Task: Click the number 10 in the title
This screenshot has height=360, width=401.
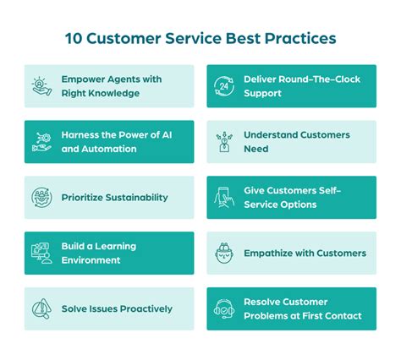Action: pyautogui.click(x=74, y=39)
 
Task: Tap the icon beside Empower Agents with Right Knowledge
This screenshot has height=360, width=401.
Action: pyautogui.click(x=41, y=86)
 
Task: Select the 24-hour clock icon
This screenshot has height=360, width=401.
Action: pyautogui.click(x=224, y=86)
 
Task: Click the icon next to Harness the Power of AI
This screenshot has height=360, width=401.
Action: pyautogui.click(x=41, y=142)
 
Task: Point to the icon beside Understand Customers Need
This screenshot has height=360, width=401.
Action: pyautogui.click(x=224, y=142)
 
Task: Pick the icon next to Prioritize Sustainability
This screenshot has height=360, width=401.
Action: pyautogui.click(x=41, y=198)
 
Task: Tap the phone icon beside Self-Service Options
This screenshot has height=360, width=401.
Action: pyautogui.click(x=224, y=198)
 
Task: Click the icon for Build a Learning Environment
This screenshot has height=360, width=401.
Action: pyautogui.click(x=41, y=253)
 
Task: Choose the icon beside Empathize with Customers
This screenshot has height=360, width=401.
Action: pyautogui.click(x=224, y=253)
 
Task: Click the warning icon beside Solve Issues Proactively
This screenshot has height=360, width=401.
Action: pyautogui.click(x=41, y=308)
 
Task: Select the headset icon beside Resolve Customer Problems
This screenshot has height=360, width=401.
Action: pyautogui.click(x=224, y=308)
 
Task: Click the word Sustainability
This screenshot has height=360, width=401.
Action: pyautogui.click(x=132, y=198)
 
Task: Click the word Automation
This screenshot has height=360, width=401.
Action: pyautogui.click(x=107, y=149)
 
